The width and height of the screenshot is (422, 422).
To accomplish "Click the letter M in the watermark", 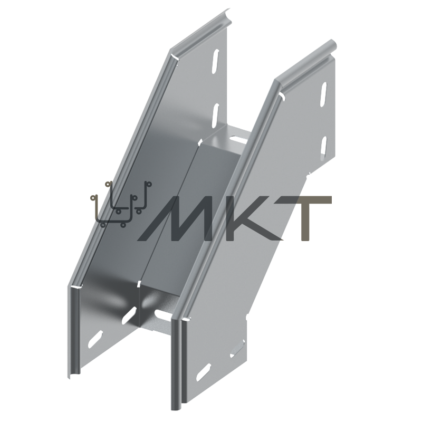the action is coord(183,218).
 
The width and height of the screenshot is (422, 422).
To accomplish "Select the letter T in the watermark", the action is coord(306,218).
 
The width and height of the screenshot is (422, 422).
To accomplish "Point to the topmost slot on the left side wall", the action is coord(216,61).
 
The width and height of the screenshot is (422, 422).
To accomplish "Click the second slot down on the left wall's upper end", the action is coord(216,116).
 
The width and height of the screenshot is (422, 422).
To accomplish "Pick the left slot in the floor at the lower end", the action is coord(129,315).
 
